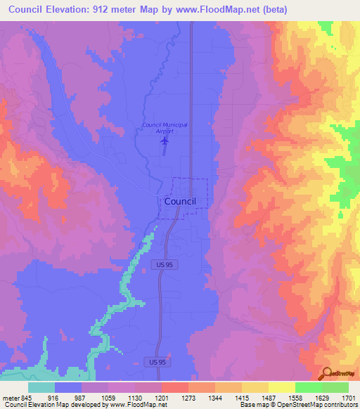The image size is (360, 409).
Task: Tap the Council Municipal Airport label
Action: point(165,127)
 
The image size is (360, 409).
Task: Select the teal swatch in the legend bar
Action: point(41,387)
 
